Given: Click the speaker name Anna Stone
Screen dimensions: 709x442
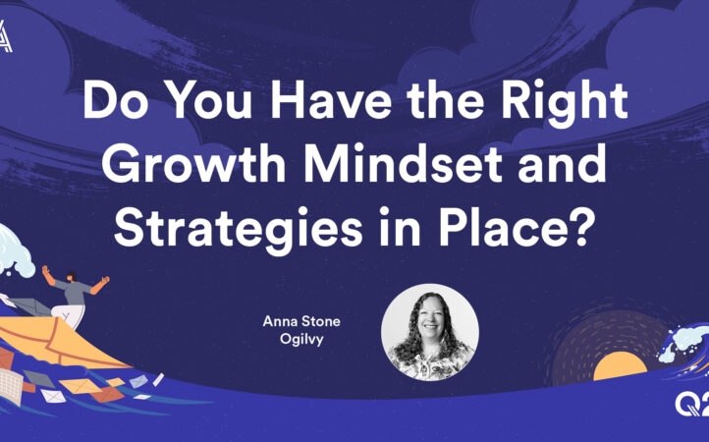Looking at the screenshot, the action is click(x=301, y=321).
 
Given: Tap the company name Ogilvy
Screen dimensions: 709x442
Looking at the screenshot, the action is click(x=301, y=339).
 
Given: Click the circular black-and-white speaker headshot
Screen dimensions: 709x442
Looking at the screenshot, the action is click(x=429, y=333).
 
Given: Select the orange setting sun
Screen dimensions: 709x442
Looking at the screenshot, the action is click(x=620, y=365).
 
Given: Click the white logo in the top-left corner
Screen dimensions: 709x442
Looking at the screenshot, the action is click(x=6, y=36).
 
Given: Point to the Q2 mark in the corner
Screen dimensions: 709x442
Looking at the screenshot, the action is click(x=692, y=404).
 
